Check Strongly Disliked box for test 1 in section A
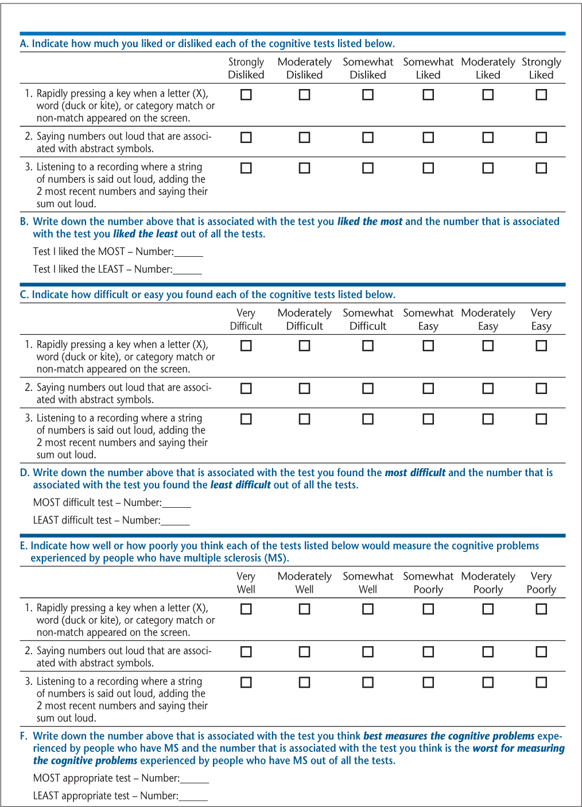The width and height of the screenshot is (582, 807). (246, 95)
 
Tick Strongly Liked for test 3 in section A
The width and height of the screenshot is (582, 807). (541, 168)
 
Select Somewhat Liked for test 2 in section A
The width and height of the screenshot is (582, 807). (428, 137)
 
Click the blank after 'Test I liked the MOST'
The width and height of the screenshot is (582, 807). (189, 252)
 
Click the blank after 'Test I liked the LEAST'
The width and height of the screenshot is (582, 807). (188, 270)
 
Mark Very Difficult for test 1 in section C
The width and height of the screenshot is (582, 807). (246, 346)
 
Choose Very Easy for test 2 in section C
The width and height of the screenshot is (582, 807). (541, 388)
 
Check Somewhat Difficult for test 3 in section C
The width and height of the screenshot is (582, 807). (368, 419)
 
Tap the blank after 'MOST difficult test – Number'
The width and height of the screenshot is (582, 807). (177, 503)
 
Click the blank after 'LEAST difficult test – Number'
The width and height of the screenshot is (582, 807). (176, 521)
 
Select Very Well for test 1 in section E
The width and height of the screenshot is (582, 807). (246, 609)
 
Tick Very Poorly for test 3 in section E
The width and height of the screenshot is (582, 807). (541, 682)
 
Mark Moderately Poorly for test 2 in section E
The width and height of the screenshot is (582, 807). (488, 651)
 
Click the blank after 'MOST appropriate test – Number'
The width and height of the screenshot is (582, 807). (195, 779)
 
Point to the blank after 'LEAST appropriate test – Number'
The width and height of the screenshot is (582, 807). (193, 797)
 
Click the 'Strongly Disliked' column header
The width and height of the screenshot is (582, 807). (246, 68)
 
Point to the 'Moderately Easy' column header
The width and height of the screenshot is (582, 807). (488, 319)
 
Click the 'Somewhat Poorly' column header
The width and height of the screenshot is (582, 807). (428, 582)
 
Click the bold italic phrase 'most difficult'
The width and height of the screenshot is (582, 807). (415, 473)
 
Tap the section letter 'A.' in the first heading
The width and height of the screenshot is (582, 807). (24, 44)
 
